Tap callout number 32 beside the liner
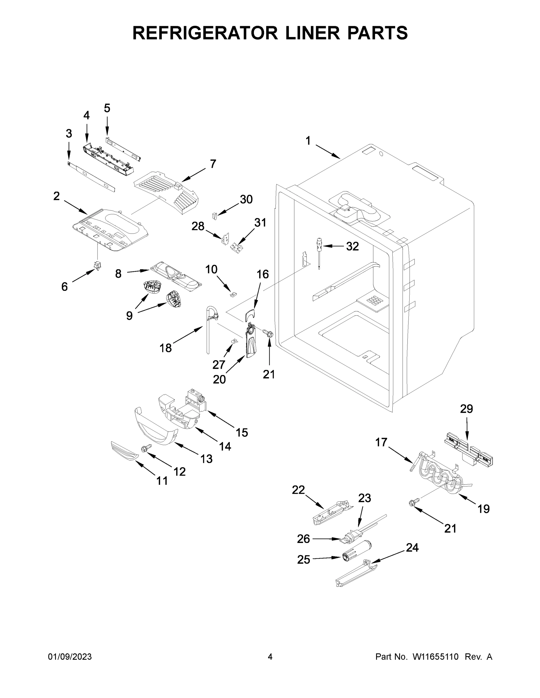[352, 246]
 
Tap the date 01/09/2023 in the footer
[70, 656]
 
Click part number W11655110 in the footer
[435, 656]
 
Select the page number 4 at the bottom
[270, 656]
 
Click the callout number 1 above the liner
[308, 141]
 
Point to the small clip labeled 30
[215, 216]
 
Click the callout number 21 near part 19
[450, 528]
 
